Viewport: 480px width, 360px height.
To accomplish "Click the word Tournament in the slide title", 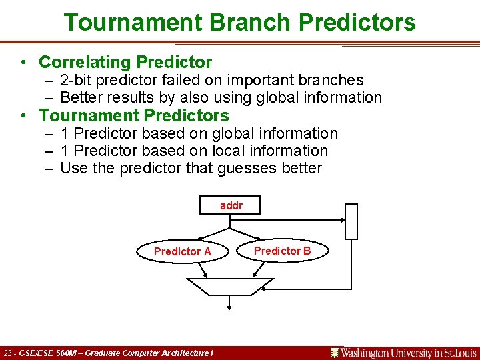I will click(x=133, y=22).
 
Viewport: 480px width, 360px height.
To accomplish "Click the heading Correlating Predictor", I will click(x=125, y=62).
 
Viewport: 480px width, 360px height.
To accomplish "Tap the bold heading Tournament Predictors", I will click(x=133, y=115).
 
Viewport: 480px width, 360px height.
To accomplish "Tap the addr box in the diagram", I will click(x=230, y=205).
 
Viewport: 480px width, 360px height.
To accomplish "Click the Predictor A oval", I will click(x=182, y=251).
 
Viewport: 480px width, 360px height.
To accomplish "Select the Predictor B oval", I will click(x=282, y=251).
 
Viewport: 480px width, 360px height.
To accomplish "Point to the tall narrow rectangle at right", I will click(x=351, y=221).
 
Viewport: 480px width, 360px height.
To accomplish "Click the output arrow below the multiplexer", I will click(x=230, y=303).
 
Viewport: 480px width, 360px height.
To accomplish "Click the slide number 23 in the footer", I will click(x=8, y=353).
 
